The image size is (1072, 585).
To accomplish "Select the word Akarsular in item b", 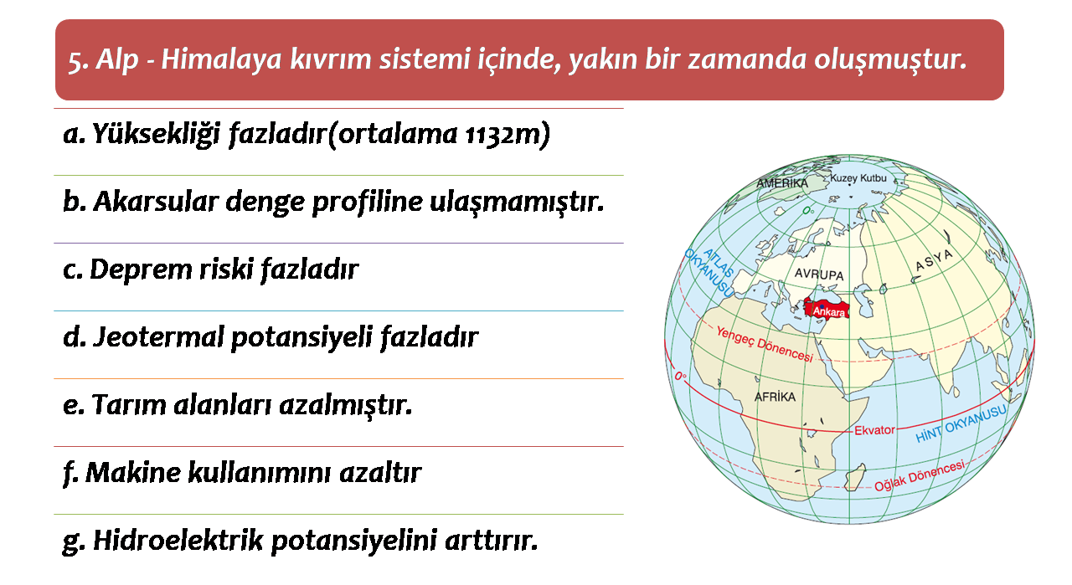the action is click(x=156, y=202).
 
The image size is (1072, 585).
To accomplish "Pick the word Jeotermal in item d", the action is click(x=158, y=337).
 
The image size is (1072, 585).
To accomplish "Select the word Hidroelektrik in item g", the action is click(x=178, y=541).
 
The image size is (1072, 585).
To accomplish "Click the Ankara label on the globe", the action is click(x=829, y=312).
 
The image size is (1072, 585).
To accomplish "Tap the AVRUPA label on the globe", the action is click(x=819, y=274).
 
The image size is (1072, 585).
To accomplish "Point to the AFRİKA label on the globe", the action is click(x=775, y=397).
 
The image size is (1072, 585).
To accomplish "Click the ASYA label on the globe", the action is click(x=934, y=260).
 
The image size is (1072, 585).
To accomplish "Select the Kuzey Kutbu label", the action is click(x=858, y=178).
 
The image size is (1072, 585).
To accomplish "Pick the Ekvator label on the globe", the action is click(x=874, y=430).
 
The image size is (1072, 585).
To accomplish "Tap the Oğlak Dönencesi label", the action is click(x=920, y=476).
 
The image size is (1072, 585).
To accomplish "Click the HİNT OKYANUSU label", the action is click(x=961, y=424).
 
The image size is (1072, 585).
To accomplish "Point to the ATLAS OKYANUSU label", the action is click(x=709, y=272).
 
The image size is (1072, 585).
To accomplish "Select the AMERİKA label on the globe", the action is click(x=782, y=183).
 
